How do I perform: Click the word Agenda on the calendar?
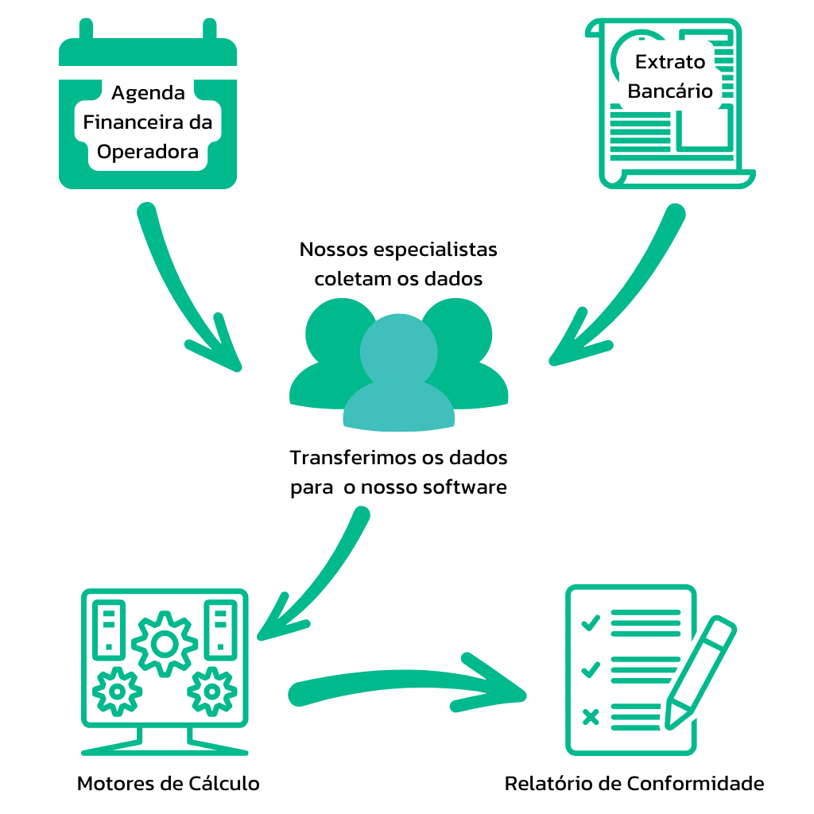148,93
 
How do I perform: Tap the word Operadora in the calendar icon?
148,151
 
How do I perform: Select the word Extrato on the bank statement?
670,62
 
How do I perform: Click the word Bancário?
670,91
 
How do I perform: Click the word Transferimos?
346,459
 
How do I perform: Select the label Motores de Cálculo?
169,783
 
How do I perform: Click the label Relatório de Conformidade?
634,783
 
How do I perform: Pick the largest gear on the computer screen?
165,643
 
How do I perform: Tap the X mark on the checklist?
591,718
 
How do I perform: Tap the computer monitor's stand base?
165,747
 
